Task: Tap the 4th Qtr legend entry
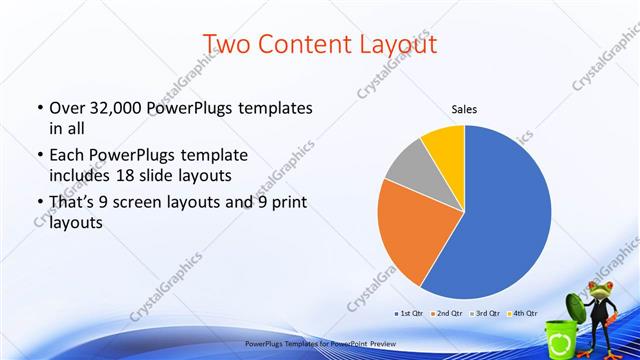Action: pyautogui.click(x=525, y=313)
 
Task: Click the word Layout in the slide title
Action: pyautogui.click(x=386, y=44)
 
